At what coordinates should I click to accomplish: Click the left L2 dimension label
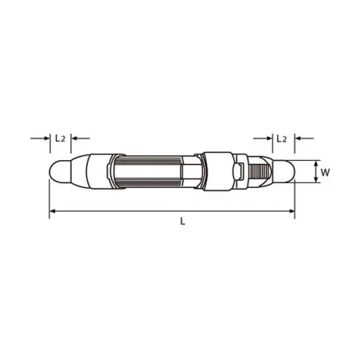click(60, 138)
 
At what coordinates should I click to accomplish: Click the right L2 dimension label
click(281, 138)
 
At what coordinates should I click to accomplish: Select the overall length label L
click(182, 222)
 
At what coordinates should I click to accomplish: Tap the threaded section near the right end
click(257, 170)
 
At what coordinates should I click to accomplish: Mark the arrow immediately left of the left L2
click(47, 138)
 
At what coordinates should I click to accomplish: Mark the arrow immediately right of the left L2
click(73, 138)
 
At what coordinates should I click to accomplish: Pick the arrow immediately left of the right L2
click(268, 138)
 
